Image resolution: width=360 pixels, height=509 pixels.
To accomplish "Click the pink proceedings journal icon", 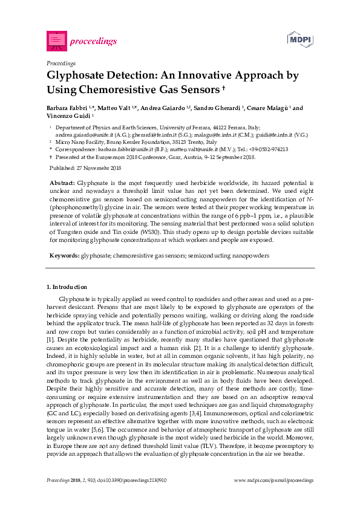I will (x=56, y=41).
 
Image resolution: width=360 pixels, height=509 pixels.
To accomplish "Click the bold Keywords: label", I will (x=64, y=256).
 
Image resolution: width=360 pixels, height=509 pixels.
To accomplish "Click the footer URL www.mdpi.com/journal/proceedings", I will (x=273, y=479).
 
